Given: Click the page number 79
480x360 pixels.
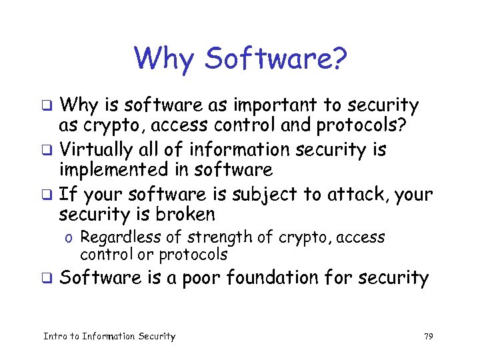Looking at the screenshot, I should point(428,337).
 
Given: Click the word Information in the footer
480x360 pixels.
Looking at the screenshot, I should point(108,337).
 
